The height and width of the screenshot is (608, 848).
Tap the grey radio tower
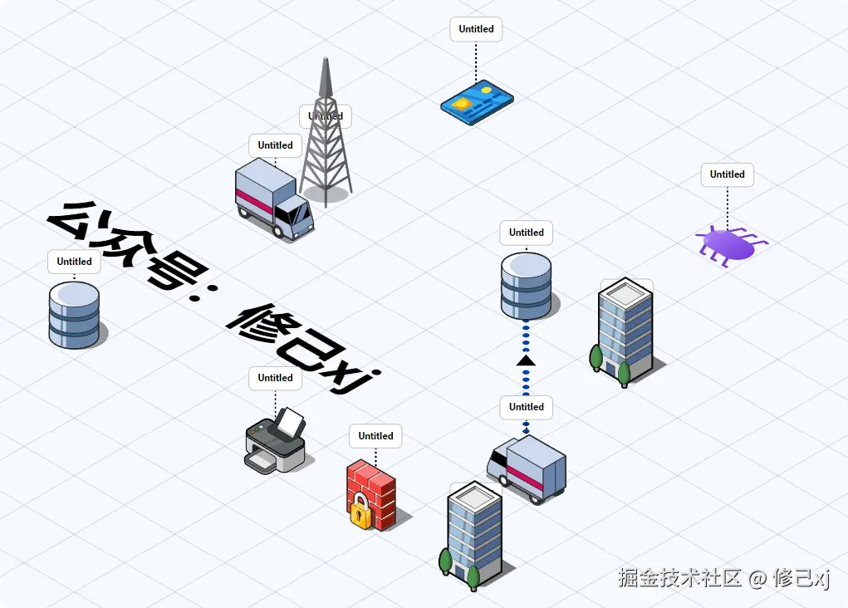(x=326, y=150)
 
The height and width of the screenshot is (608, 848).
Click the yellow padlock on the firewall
(x=360, y=512)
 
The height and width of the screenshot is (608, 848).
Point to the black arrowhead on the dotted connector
(x=526, y=360)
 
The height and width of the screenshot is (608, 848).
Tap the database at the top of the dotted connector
(x=526, y=286)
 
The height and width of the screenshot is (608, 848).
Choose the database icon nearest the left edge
(x=74, y=314)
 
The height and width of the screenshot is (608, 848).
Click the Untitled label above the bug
(x=728, y=174)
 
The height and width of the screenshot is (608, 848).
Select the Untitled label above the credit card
(x=477, y=29)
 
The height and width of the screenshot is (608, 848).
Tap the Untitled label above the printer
(x=275, y=378)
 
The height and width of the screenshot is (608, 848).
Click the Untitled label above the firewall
(x=376, y=436)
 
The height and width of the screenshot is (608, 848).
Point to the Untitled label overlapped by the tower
(x=326, y=116)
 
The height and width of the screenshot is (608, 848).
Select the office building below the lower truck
(x=473, y=536)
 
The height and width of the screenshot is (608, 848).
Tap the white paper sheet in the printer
(x=290, y=424)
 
